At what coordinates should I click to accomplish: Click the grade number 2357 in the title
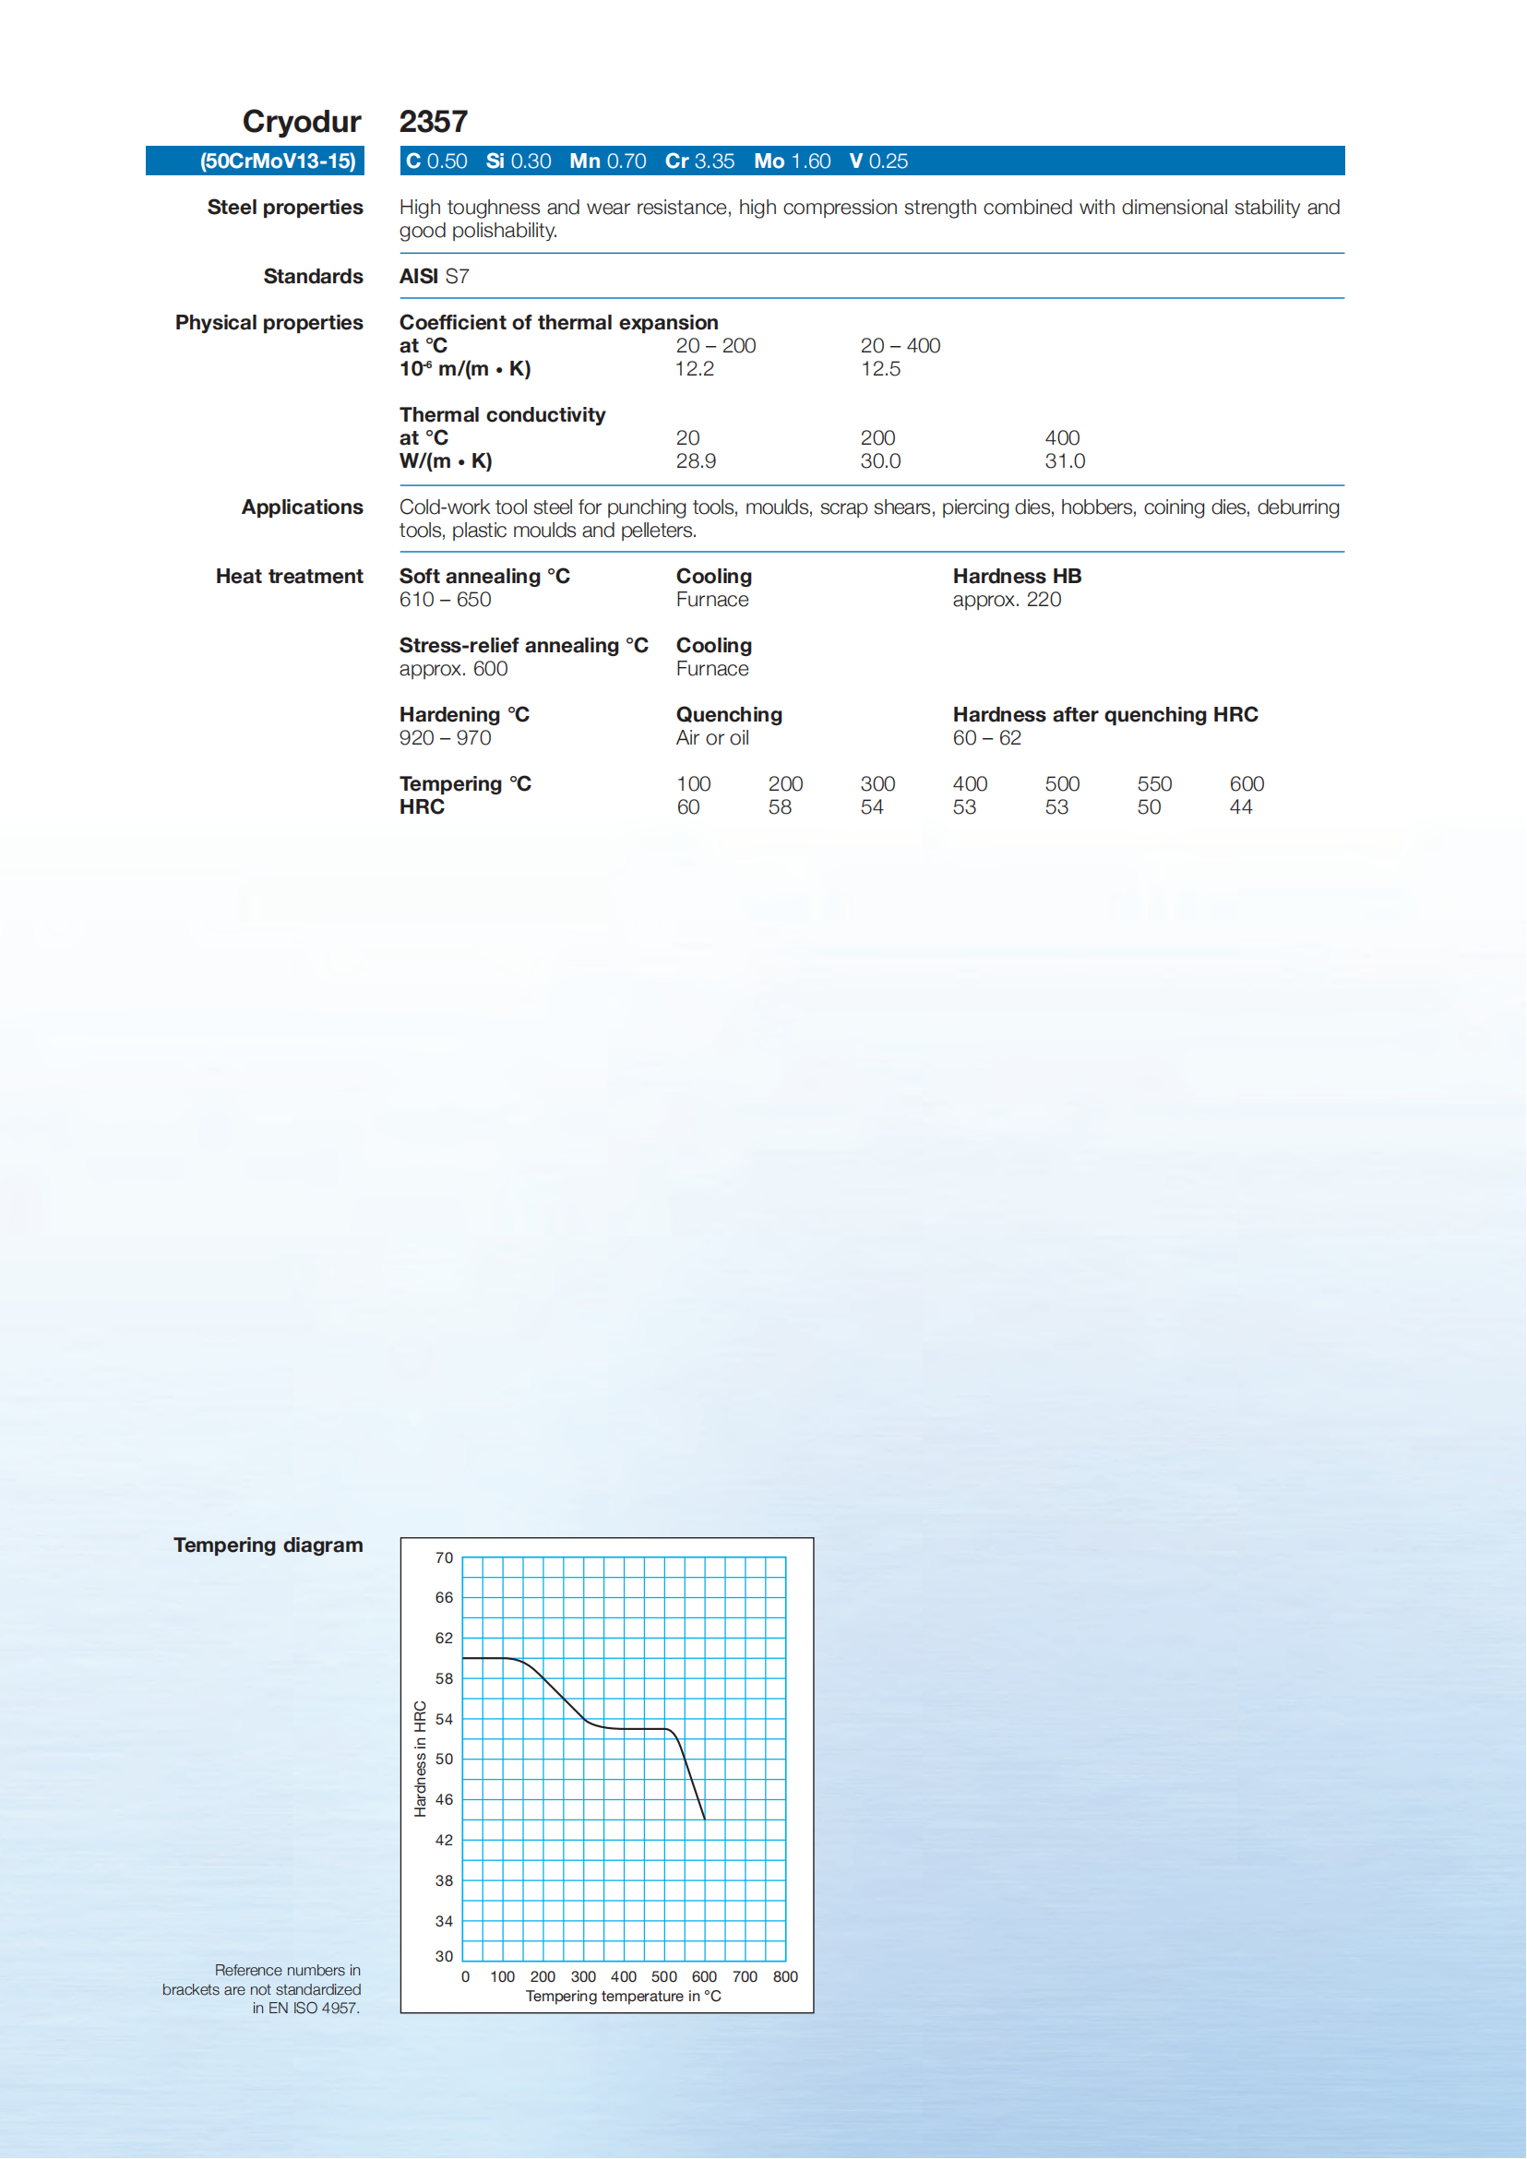[434, 121]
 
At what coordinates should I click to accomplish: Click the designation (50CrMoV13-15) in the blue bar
[278, 161]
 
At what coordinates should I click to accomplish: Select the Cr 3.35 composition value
[699, 161]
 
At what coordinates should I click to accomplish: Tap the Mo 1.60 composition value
[792, 161]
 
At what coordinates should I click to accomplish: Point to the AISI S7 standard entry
[435, 277]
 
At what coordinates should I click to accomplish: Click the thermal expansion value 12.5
[880, 369]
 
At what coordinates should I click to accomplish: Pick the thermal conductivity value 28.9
[696, 460]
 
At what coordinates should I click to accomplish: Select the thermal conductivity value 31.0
[1065, 460]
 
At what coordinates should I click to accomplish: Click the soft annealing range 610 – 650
[445, 600]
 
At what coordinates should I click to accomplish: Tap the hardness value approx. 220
[1006, 600]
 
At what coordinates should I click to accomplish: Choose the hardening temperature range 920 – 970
[445, 738]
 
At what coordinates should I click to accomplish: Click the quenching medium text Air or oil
[711, 738]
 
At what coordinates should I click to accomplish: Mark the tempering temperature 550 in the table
[1153, 784]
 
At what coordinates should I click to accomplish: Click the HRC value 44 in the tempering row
[1240, 807]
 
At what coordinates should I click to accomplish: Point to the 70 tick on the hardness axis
[444, 1558]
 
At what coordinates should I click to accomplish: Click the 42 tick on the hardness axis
[444, 1841]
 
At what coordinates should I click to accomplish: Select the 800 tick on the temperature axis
[785, 1976]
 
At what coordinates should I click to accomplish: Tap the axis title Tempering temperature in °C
[624, 1997]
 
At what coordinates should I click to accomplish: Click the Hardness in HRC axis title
[421, 1759]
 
